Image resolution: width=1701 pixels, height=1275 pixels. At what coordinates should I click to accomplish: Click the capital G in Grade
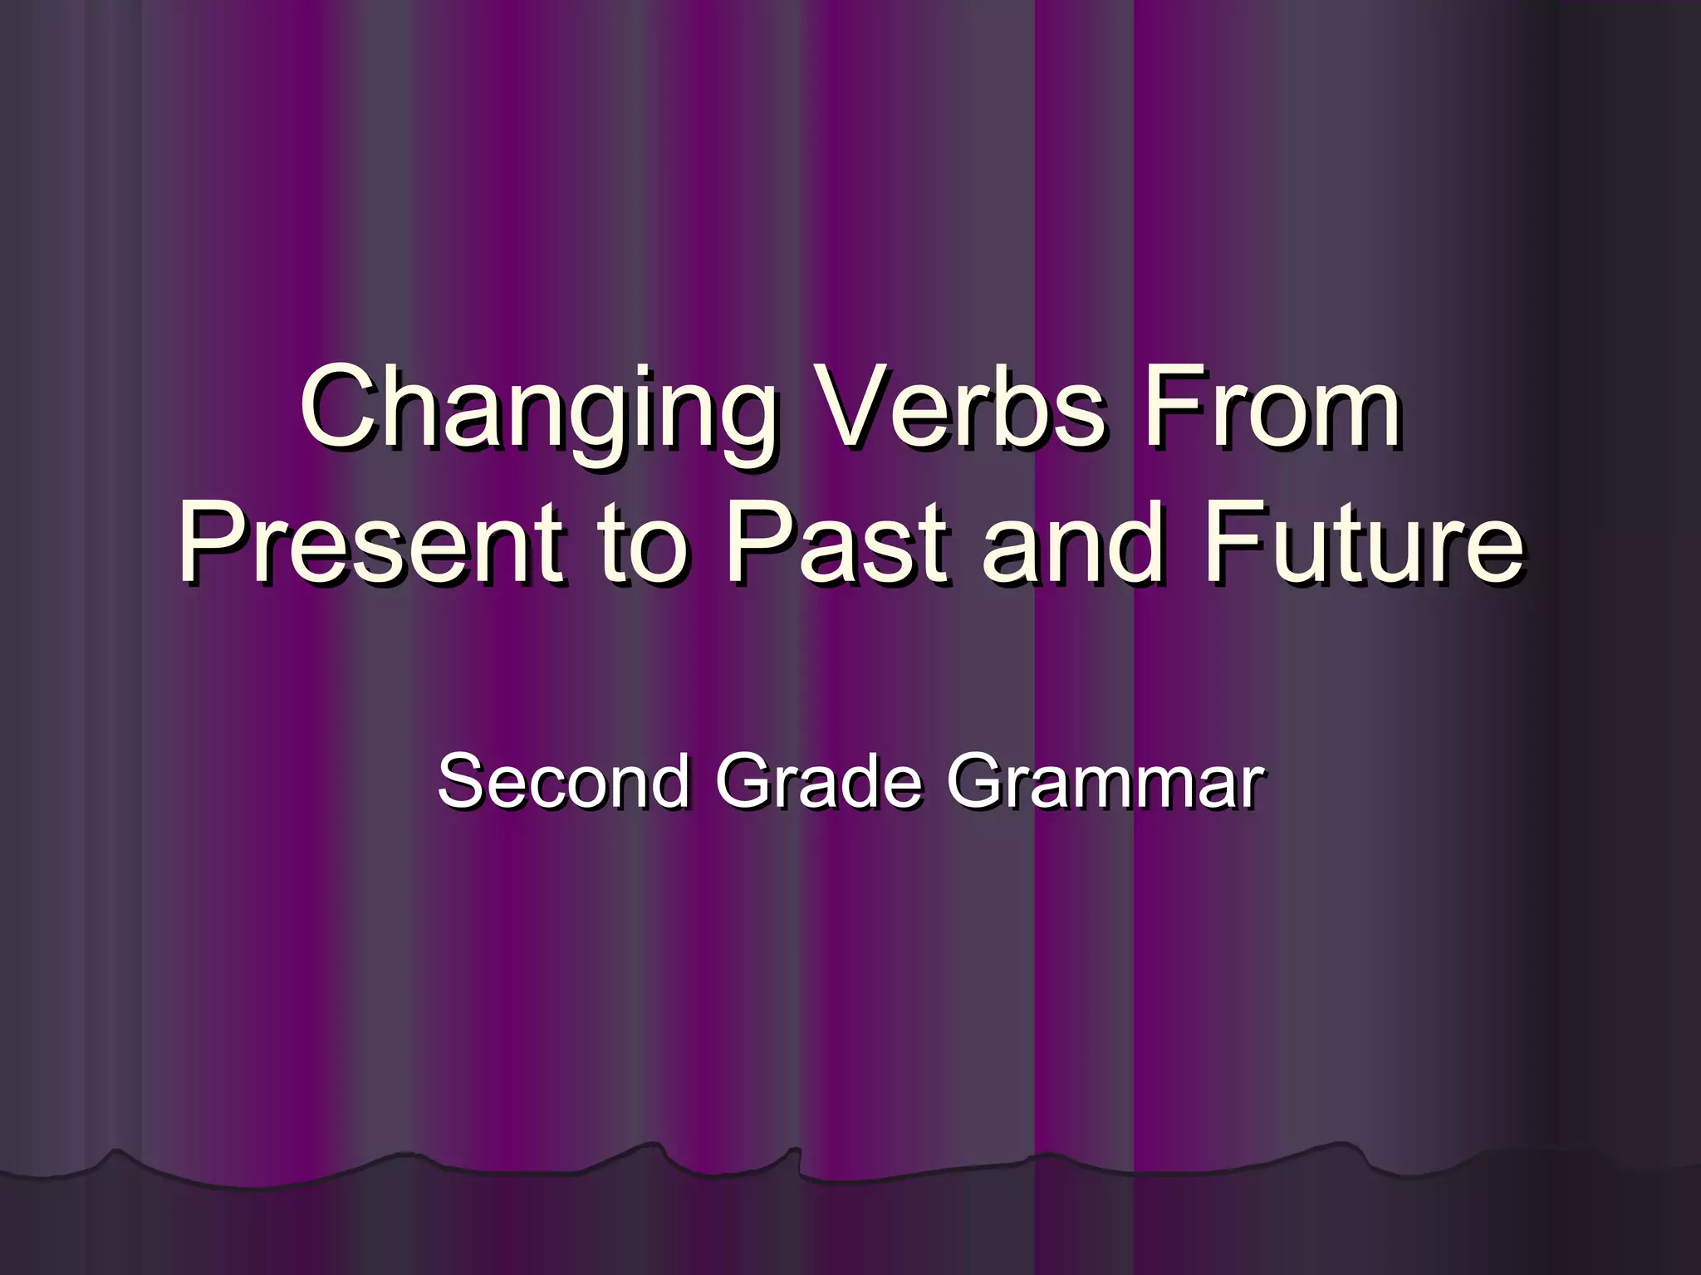coord(745,780)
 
